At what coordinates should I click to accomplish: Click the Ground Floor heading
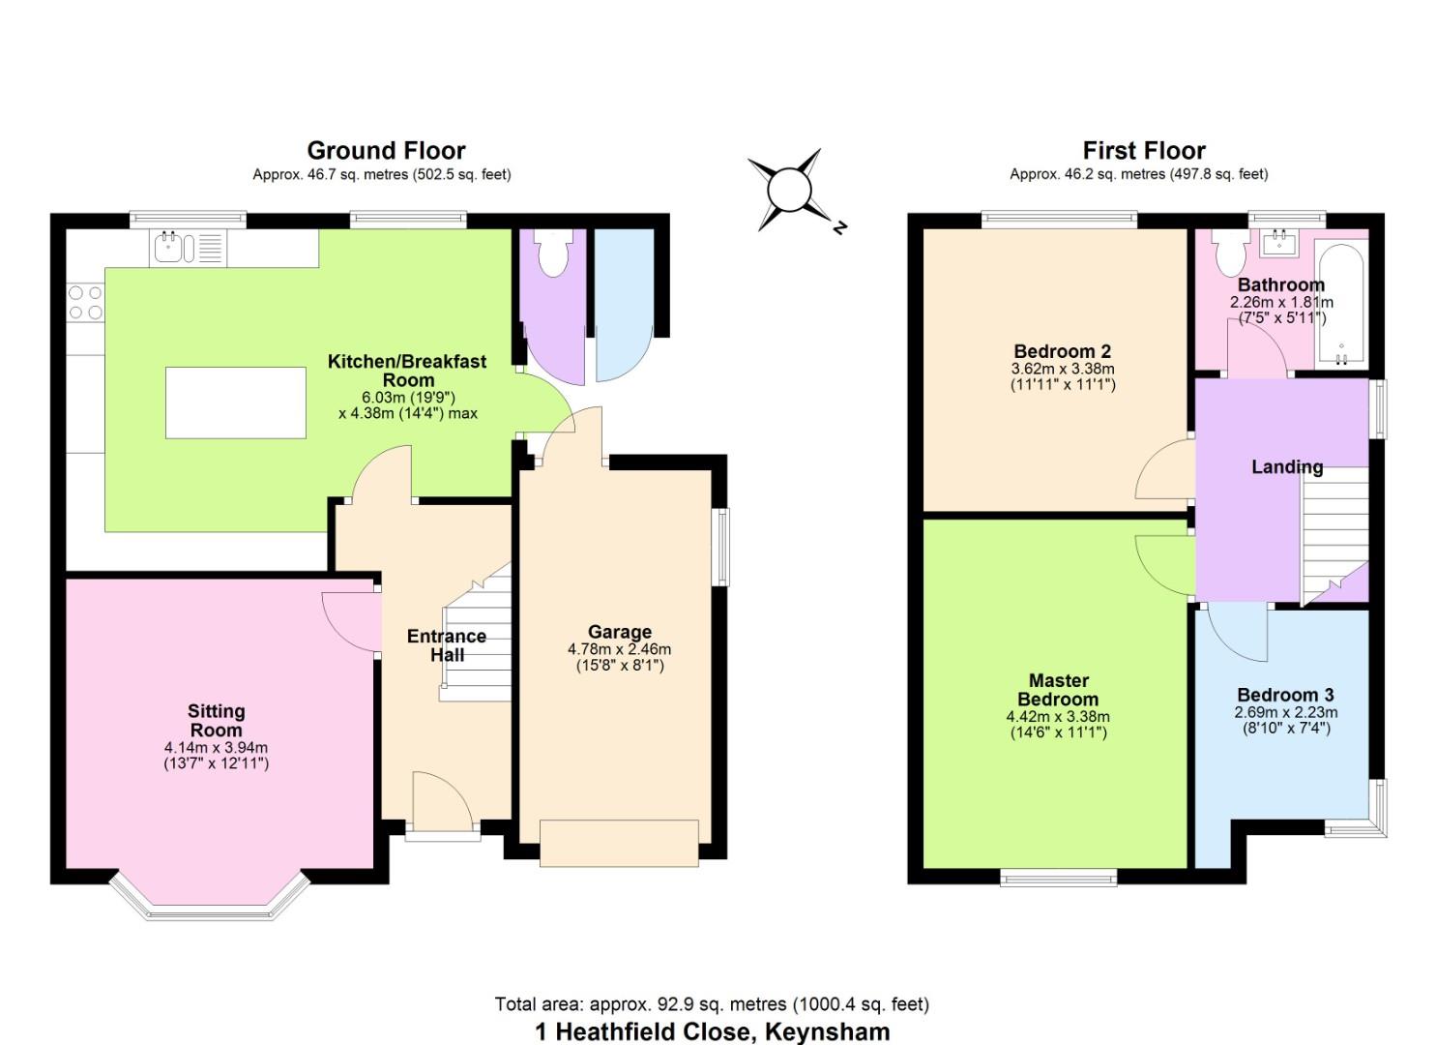[x=386, y=151]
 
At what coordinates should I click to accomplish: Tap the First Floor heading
[x=1144, y=151]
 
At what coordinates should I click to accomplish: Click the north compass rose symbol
[x=796, y=191]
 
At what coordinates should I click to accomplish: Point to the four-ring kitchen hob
[x=85, y=303]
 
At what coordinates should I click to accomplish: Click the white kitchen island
[x=236, y=403]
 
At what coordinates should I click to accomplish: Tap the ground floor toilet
[x=554, y=253]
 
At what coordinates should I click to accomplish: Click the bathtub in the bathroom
[x=1341, y=305]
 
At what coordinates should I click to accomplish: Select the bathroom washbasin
[x=1279, y=243]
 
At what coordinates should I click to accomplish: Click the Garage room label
[x=619, y=632]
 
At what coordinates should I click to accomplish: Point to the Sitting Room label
[x=216, y=721]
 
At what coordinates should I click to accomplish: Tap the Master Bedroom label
[x=1059, y=690]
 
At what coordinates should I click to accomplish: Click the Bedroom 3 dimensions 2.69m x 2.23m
[x=1286, y=712]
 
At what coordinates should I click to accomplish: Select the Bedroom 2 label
[x=1063, y=351]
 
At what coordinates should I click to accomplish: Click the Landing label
[x=1287, y=466]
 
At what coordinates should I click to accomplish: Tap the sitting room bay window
[x=210, y=896]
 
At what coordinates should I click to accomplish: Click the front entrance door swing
[x=442, y=802]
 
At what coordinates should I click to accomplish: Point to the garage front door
[x=619, y=843]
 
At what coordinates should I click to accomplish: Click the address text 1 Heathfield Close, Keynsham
[x=713, y=1031]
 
